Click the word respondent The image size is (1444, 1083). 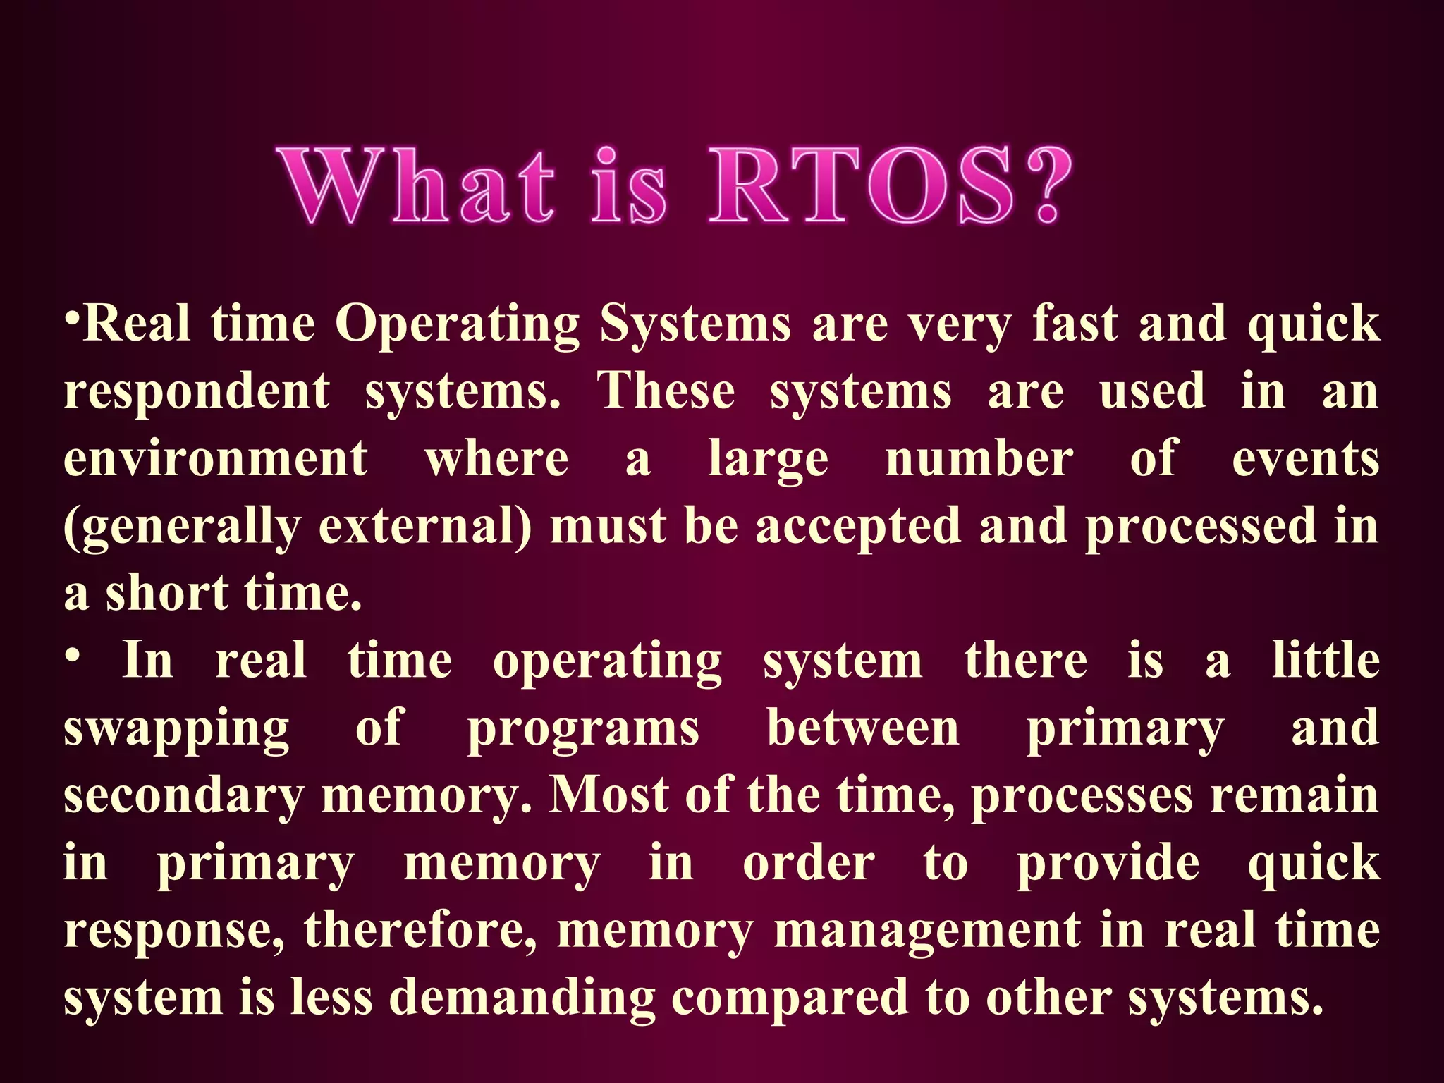[x=197, y=392]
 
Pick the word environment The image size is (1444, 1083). [x=216, y=459]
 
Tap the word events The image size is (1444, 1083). [x=1305, y=459]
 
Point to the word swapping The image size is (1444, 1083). [x=176, y=729]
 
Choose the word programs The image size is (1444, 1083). [x=583, y=729]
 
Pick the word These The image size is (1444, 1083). [x=666, y=391]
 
